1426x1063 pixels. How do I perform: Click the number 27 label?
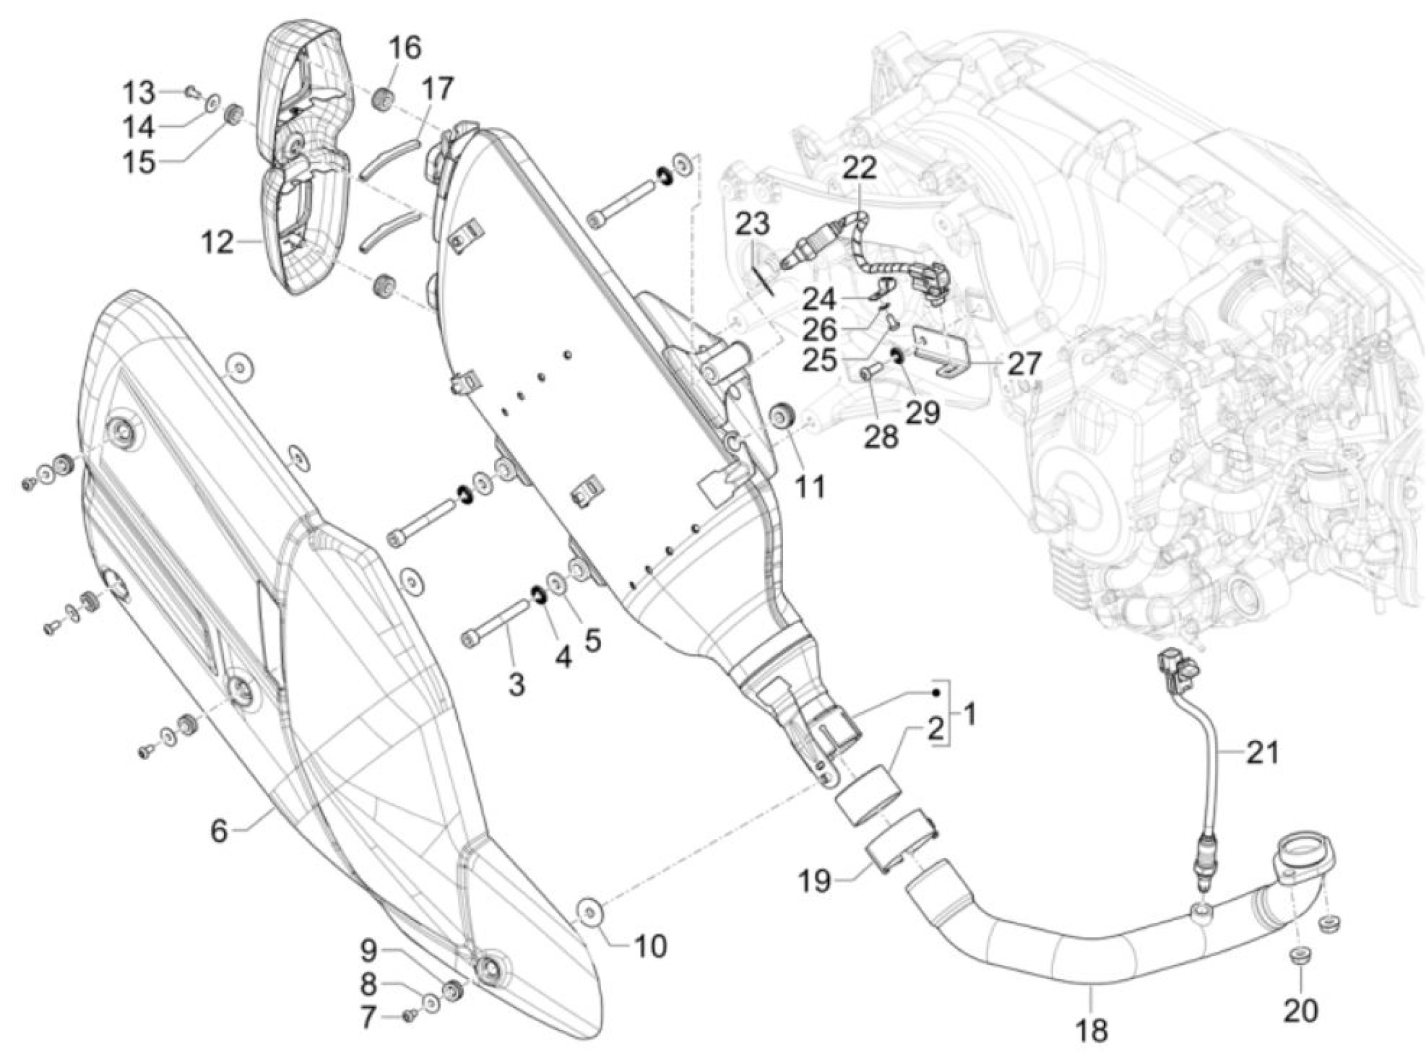click(x=1023, y=364)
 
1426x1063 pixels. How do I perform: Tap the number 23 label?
click(x=752, y=224)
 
